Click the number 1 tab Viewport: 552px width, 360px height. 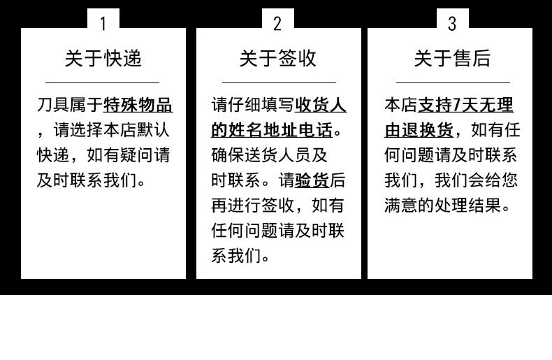[x=103, y=24]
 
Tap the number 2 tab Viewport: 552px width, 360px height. [x=277, y=24]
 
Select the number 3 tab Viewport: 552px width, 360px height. [x=451, y=24]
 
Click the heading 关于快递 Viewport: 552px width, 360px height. [x=103, y=59]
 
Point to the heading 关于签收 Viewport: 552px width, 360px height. [x=278, y=59]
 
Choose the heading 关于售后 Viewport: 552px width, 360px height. [x=452, y=59]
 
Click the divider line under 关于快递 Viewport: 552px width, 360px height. [x=103, y=82]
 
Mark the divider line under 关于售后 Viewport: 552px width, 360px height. [x=452, y=82]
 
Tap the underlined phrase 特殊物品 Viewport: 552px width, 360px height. [x=138, y=106]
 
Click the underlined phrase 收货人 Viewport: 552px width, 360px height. [x=321, y=106]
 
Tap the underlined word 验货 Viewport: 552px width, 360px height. [x=312, y=181]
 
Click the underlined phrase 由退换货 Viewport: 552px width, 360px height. [x=418, y=131]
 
